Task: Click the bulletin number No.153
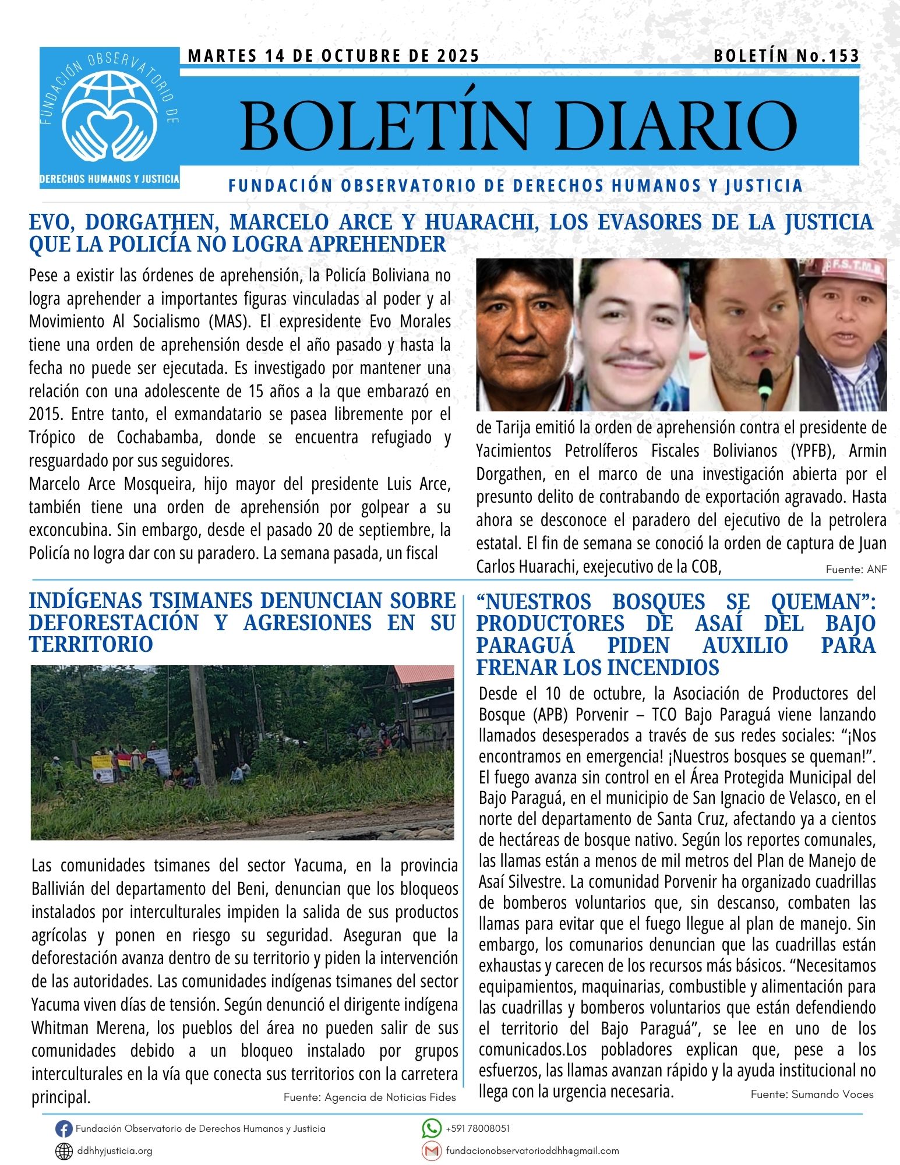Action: tap(786, 56)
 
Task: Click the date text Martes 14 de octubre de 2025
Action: tap(334, 56)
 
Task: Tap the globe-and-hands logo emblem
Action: tap(110, 114)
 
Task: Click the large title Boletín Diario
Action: tap(518, 125)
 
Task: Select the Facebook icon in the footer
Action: tap(63, 1129)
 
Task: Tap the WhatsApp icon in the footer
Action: tap(431, 1128)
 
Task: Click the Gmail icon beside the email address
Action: tap(431, 1151)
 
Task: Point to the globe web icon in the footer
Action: tap(63, 1152)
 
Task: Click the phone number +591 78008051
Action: tap(478, 1128)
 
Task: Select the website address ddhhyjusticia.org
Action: tap(115, 1152)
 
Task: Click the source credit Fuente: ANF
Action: tap(856, 570)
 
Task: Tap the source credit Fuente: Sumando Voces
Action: tap(811, 1095)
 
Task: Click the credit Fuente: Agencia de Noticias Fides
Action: tap(369, 1097)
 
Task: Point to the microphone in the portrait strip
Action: tap(765, 384)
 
